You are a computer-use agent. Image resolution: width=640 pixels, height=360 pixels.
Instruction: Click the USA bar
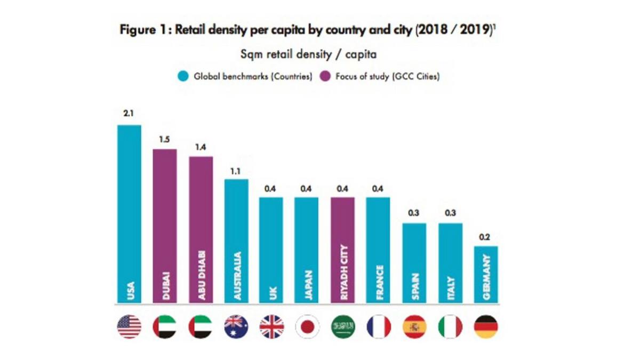(x=129, y=213)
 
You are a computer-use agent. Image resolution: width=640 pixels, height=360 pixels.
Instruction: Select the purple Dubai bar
(x=165, y=227)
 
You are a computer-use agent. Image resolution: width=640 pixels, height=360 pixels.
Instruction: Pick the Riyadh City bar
(x=343, y=251)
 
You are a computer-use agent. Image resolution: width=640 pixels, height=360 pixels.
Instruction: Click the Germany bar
(x=486, y=275)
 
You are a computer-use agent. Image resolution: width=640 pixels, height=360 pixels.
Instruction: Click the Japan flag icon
(x=307, y=327)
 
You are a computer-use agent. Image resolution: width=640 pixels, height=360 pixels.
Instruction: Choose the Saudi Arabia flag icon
(x=343, y=327)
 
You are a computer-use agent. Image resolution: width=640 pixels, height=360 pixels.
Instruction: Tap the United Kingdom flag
(x=271, y=327)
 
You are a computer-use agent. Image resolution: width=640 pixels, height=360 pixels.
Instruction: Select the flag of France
(x=379, y=327)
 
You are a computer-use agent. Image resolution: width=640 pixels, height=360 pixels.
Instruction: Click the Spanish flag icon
(x=414, y=327)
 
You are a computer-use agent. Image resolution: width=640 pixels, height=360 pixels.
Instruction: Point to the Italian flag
(x=450, y=327)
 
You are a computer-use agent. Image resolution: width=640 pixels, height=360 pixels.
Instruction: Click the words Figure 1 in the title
(x=141, y=31)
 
